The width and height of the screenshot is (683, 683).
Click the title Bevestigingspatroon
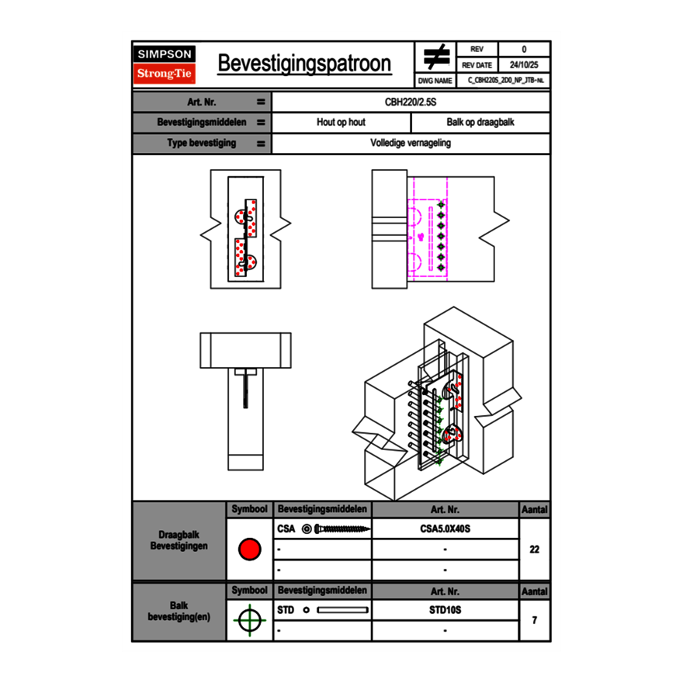pyautogui.click(x=304, y=64)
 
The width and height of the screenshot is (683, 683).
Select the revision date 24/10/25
pyautogui.click(x=524, y=65)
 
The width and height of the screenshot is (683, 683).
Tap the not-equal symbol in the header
pyautogui.click(x=436, y=57)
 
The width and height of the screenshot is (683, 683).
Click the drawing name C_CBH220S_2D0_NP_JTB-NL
pyautogui.click(x=504, y=81)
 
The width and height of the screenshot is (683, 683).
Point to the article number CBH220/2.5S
pyautogui.click(x=411, y=102)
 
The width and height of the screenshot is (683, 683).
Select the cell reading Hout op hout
pyautogui.click(x=341, y=123)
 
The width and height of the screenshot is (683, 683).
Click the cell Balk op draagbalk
pyautogui.click(x=480, y=123)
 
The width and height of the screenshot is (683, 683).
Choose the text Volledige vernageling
pyautogui.click(x=411, y=144)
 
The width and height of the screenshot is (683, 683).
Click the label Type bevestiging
pyautogui.click(x=202, y=144)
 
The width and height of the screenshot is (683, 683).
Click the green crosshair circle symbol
pyautogui.click(x=249, y=620)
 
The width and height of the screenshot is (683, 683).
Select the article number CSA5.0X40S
pyautogui.click(x=445, y=529)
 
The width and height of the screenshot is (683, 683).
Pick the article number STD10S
pyautogui.click(x=445, y=610)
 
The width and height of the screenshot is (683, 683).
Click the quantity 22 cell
pyautogui.click(x=534, y=550)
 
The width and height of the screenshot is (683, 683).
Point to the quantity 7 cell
pyautogui.click(x=534, y=620)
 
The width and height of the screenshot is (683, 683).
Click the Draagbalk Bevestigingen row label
pyautogui.click(x=179, y=541)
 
